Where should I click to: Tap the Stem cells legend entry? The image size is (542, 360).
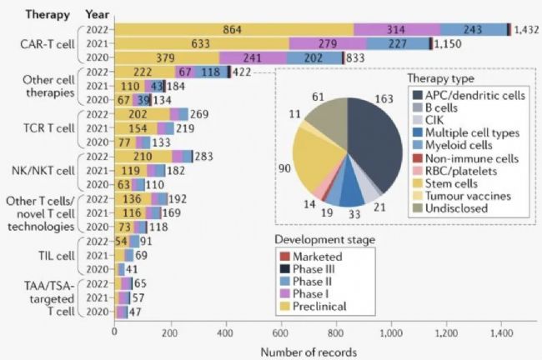pyautogui.click(x=433, y=183)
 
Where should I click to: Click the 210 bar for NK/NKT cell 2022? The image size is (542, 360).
pyautogui.click(x=142, y=155)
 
